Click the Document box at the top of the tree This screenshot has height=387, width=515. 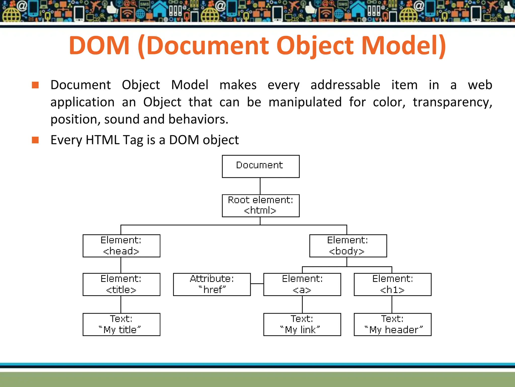coord(261,166)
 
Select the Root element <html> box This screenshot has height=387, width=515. coord(261,206)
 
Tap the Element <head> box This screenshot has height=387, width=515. coord(121,246)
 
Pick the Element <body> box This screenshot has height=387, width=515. coord(348,246)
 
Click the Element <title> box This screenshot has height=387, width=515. coord(121,284)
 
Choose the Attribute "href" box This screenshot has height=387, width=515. coord(212,284)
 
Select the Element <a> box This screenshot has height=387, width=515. coord(302,284)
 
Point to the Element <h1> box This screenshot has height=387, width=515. coord(392,284)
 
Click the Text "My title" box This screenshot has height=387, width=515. coord(121,324)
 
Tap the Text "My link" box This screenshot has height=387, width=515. coord(302,324)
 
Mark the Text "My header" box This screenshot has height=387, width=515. coord(392,324)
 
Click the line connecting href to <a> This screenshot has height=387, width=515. coord(257,284)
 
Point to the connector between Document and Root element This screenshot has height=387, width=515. coord(260,186)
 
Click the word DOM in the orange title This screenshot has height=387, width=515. coord(99,46)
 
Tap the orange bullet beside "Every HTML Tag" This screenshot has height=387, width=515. coord(35,140)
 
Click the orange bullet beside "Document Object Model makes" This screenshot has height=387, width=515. coord(35,85)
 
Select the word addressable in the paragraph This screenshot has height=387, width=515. coord(345,85)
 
